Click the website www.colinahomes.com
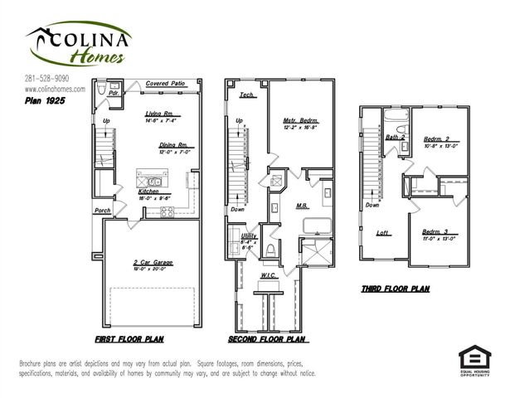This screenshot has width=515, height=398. click(x=55, y=89)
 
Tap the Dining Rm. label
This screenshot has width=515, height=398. click(x=175, y=145)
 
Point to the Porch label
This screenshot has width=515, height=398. click(x=102, y=211)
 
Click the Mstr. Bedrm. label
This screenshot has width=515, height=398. click(x=300, y=122)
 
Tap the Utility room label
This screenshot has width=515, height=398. click(x=249, y=235)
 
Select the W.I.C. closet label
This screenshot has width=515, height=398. click(x=268, y=274)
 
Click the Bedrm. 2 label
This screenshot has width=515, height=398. click(x=435, y=138)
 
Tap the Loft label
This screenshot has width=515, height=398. click(x=382, y=232)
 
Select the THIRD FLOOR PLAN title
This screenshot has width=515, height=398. click(x=395, y=289)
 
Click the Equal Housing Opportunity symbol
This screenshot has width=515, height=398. click(x=474, y=358)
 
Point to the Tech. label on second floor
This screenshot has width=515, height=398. click(x=246, y=95)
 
